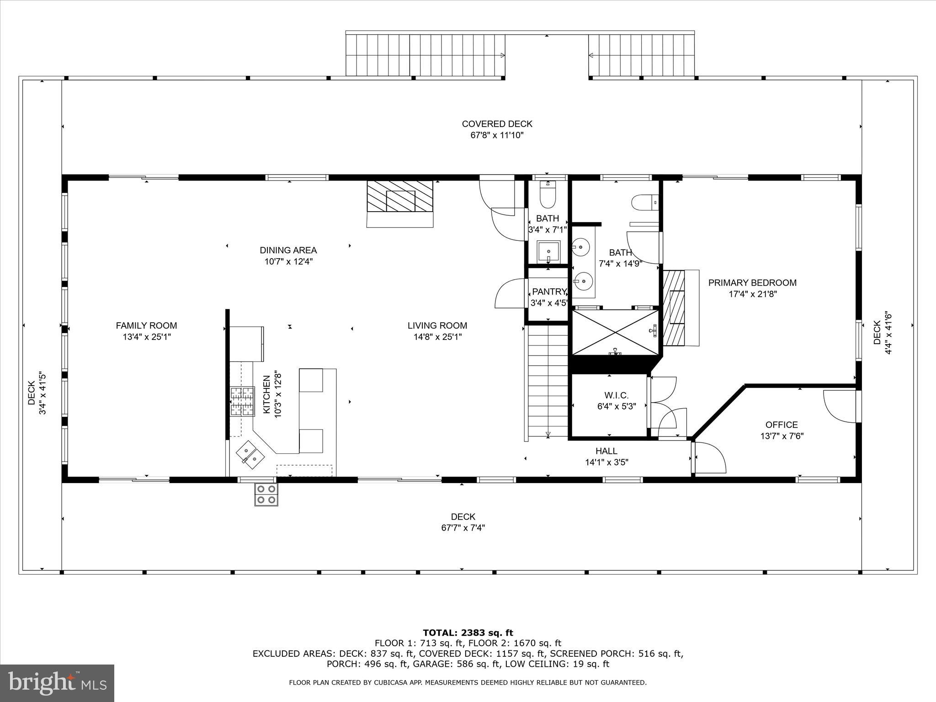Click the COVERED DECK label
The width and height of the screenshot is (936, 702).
tap(497, 124)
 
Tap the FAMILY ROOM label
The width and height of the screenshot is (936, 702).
tap(146, 326)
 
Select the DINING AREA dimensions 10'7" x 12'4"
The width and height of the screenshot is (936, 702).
tap(288, 262)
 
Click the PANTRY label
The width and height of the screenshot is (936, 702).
tap(549, 292)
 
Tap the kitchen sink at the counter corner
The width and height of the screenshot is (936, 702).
tap(250, 455)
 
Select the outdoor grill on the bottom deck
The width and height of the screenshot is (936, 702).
tap(266, 494)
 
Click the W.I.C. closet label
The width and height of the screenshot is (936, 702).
tap(617, 395)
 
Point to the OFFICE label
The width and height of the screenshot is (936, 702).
tap(782, 425)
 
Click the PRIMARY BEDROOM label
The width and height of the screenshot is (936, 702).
tap(752, 283)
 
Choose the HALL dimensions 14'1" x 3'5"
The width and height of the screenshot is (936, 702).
tap(606, 463)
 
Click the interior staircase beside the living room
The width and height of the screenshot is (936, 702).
tap(548, 379)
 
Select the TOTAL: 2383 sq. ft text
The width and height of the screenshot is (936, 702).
tap(468, 633)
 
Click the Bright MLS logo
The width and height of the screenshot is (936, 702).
tap(57, 683)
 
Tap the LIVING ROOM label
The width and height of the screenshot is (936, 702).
tap(437, 326)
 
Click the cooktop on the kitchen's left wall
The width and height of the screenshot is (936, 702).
tap(242, 402)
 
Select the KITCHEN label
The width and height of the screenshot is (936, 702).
tap(266, 395)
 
